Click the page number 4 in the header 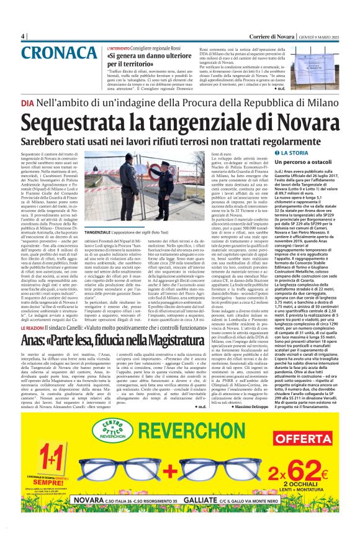tap(23, 35)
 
